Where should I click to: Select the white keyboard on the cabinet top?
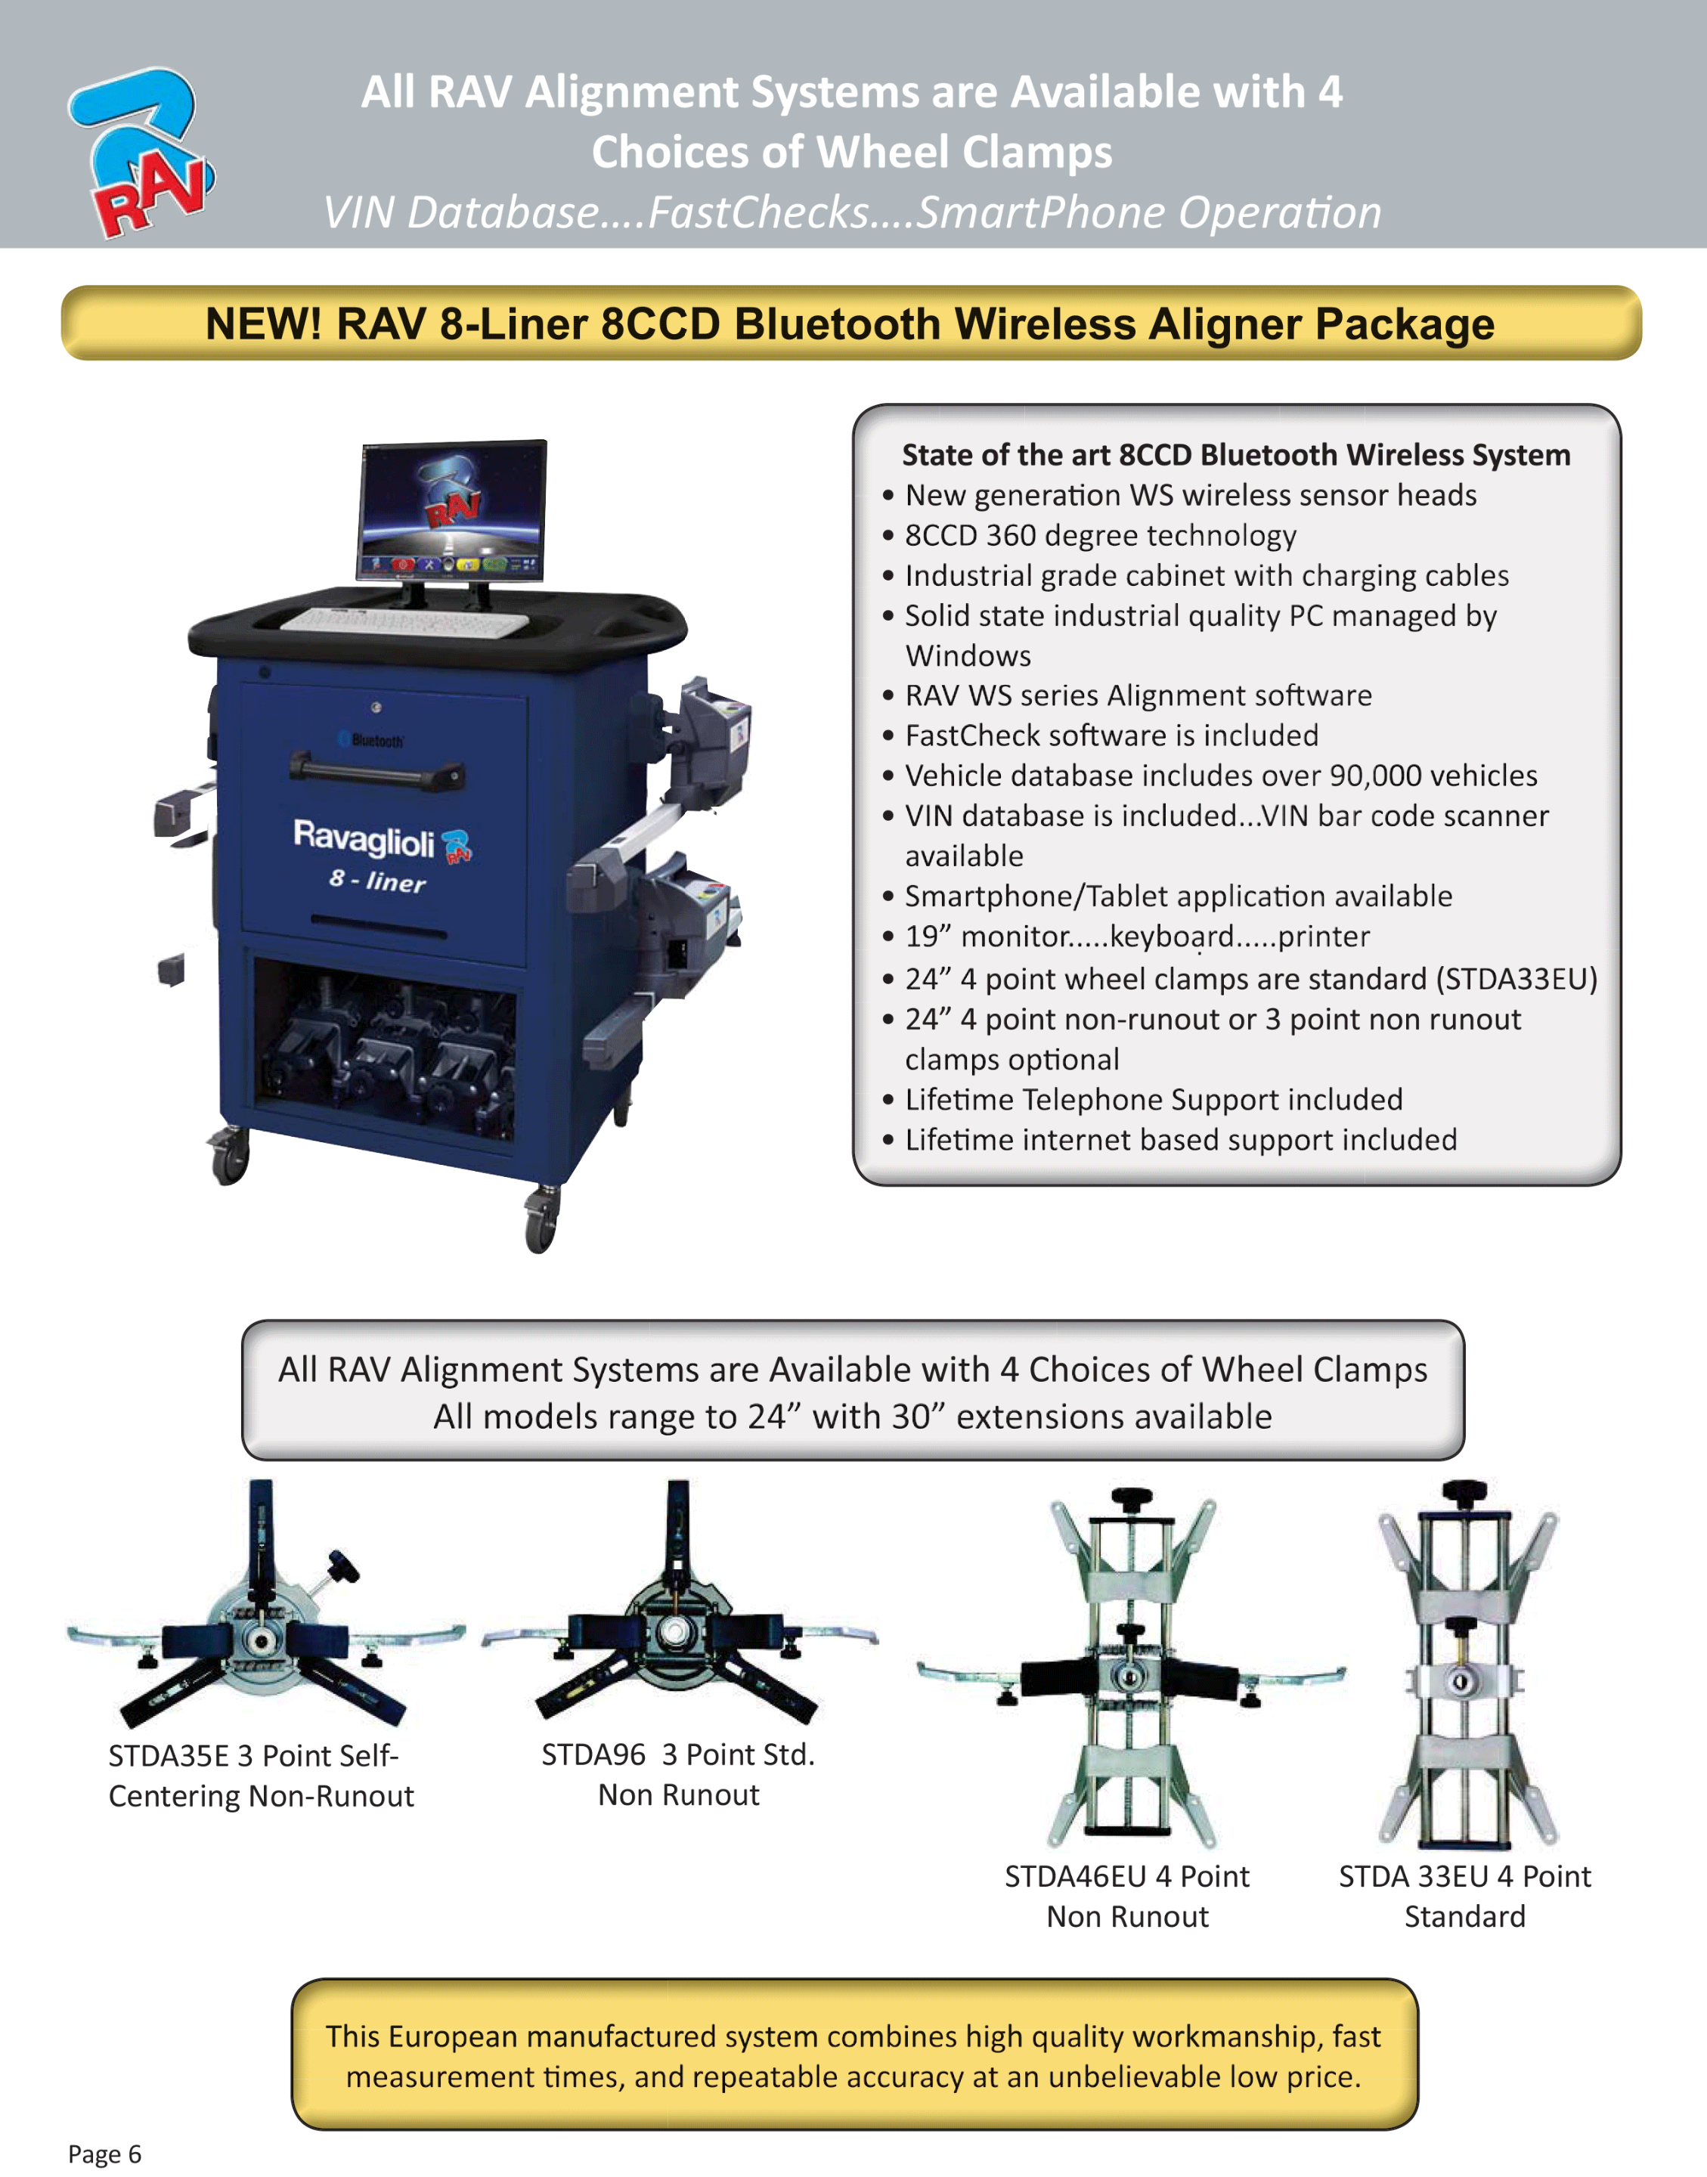404,621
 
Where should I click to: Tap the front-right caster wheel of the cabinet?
541,1221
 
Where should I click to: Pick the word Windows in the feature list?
968,655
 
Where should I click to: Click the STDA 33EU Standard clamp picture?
1466,1664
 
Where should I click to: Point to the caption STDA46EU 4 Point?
1126,1876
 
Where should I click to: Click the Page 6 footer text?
105,2153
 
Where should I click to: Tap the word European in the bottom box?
460,2036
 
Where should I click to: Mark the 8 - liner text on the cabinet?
378,879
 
